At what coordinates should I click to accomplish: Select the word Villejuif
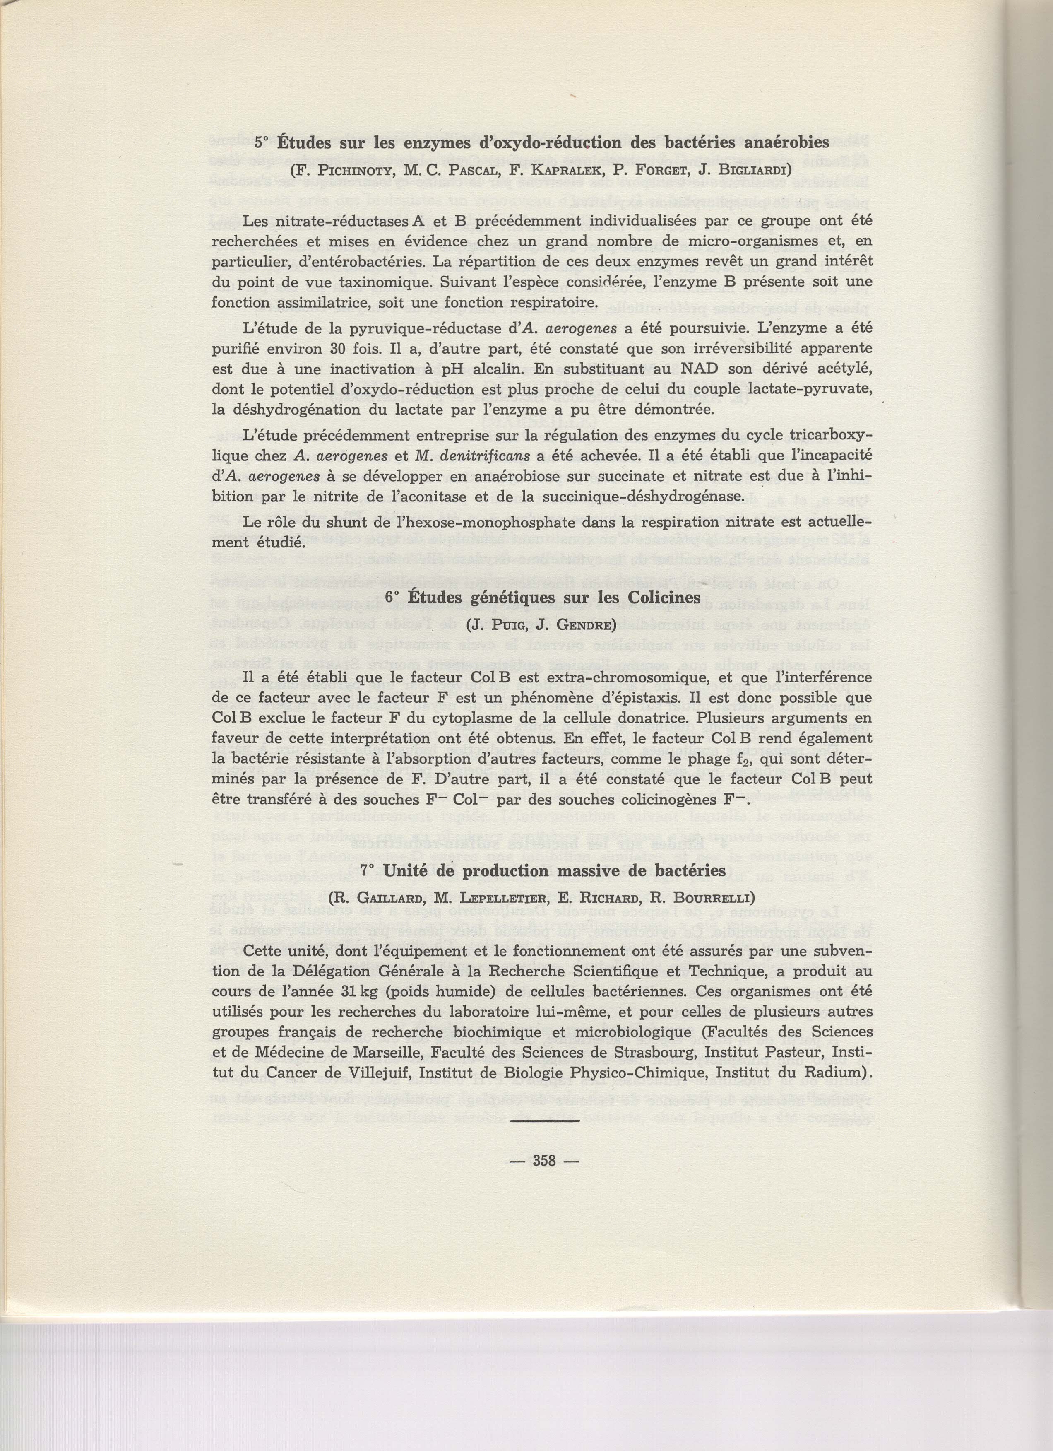[x=374, y=1072]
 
